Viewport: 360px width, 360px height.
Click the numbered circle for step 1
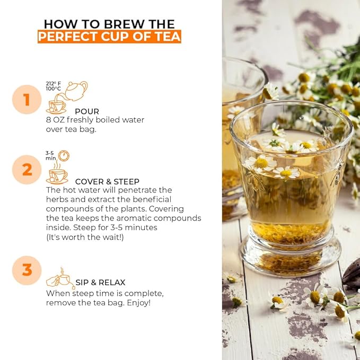pos(27,100)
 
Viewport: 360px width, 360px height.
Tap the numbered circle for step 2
pos(27,170)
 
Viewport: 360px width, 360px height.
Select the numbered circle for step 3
pos(27,270)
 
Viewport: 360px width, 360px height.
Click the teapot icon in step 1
pos(76,91)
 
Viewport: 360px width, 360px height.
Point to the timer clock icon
pos(64,156)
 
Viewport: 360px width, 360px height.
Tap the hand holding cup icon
pos(60,278)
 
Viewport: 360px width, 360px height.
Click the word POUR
pos(87,111)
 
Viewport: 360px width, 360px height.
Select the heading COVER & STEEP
pos(107,182)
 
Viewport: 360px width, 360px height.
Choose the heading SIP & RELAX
pos(100,283)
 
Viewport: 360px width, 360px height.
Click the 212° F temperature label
pos(53,84)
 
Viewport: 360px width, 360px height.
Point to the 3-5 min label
pos(51,156)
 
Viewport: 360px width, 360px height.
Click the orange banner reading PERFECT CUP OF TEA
pos(109,37)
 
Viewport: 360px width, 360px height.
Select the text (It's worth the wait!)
pos(85,237)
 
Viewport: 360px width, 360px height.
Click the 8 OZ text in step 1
pos(55,120)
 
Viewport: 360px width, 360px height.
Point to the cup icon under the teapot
pos(56,107)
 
